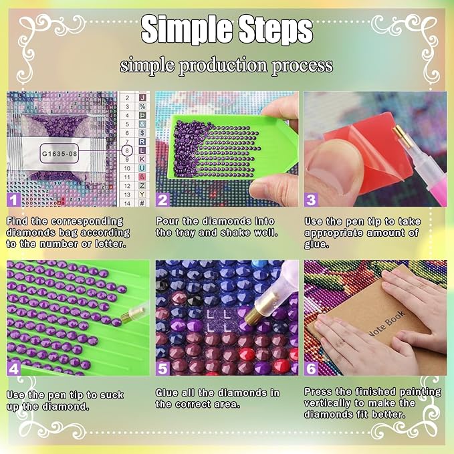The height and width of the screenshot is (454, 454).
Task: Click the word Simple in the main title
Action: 187,29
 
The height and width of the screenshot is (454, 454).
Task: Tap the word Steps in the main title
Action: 275,29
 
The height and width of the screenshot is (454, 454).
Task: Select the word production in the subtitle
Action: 223,66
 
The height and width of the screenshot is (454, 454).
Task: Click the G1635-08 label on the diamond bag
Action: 60,153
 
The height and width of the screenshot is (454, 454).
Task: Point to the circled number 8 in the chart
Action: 127,150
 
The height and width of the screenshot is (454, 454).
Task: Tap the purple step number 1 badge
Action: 13,200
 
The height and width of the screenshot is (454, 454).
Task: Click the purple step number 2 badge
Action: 162,200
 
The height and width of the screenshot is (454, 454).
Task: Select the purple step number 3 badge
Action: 311,200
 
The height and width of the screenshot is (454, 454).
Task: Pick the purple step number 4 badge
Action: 13,369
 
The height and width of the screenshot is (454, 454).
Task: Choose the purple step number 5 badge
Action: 162,369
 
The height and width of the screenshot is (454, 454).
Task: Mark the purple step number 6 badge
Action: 311,369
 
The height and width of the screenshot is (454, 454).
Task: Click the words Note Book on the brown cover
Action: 386,324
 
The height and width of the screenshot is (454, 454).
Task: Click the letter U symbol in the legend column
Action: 142,168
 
